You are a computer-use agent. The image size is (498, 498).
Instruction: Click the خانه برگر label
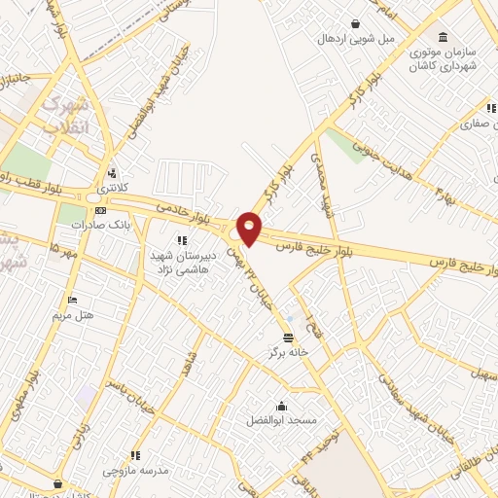coord(288,352)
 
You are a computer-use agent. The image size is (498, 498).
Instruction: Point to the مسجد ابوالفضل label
coord(282,420)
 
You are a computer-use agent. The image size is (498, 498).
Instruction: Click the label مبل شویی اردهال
coord(356,38)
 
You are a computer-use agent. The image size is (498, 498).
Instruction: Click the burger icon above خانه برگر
coord(288,338)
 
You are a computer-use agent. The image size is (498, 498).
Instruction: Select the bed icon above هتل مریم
coord(70,301)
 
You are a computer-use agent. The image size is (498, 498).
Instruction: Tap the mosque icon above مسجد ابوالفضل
coord(282,406)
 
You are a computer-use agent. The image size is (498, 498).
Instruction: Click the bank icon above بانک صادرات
coord(98,209)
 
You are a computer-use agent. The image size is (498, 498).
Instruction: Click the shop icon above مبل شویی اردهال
coord(356,23)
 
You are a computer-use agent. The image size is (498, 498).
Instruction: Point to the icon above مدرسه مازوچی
coord(135,454)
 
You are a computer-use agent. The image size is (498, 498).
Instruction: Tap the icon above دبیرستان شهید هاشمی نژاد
coord(179,239)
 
